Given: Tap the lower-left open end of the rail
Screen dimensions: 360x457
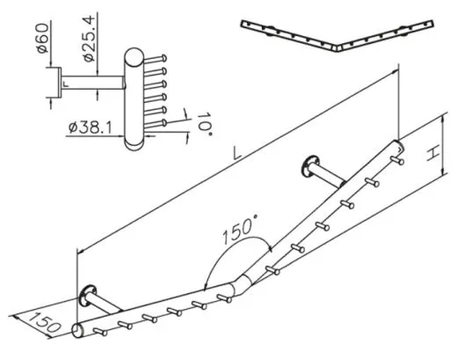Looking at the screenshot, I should (76, 331).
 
